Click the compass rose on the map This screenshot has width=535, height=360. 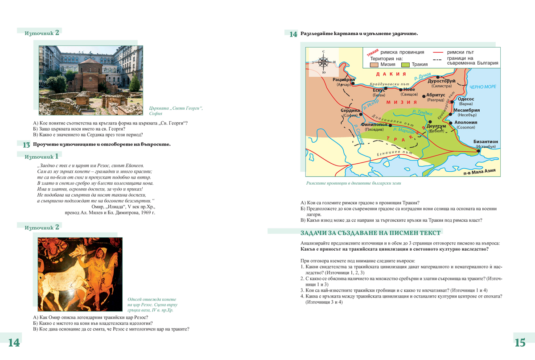(x=324, y=62)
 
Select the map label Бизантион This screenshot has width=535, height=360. (x=486, y=141)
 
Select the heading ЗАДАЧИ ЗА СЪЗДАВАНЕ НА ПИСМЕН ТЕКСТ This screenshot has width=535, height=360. (x=370, y=232)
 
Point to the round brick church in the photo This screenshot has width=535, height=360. (x=90, y=74)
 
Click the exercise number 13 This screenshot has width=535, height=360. (x=26, y=145)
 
